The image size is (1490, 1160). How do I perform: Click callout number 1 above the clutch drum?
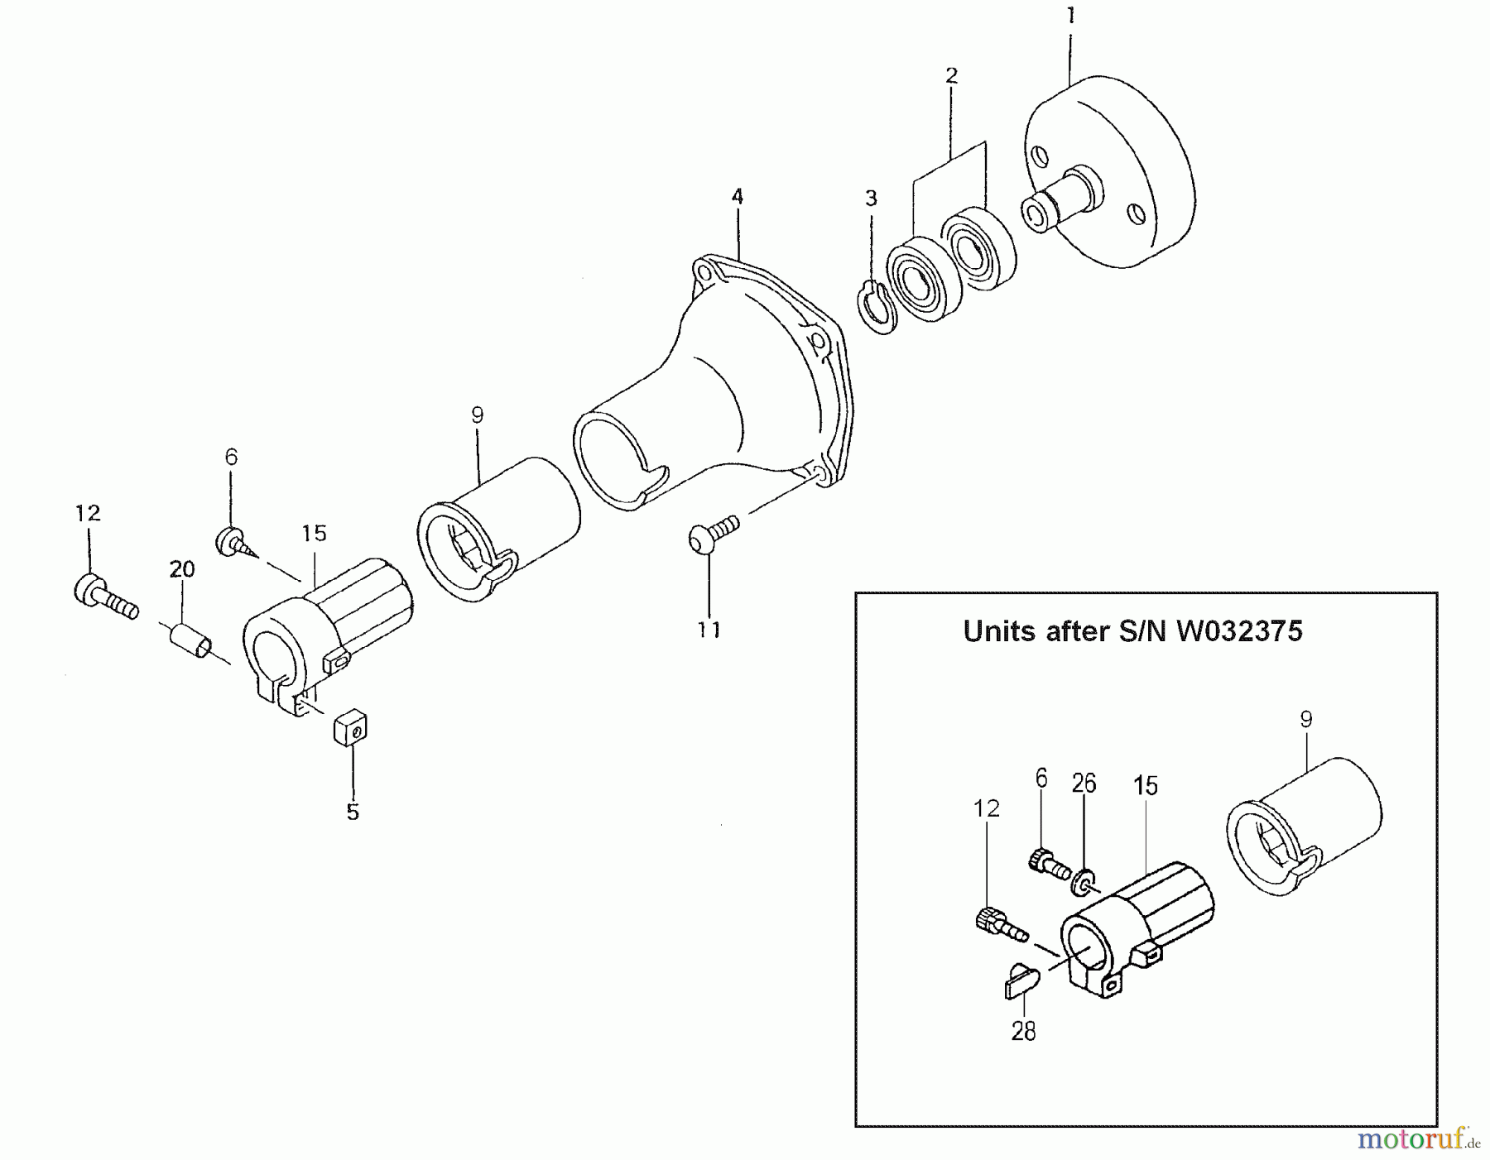click(x=1070, y=16)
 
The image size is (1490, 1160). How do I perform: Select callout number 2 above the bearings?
click(x=951, y=76)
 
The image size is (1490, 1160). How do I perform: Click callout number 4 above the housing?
click(x=737, y=197)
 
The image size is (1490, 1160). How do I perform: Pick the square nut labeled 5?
click(x=351, y=728)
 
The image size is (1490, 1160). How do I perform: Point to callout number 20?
click(x=182, y=569)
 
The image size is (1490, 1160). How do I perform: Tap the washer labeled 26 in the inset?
click(x=1083, y=882)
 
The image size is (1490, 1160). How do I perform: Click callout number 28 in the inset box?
click(x=1023, y=1032)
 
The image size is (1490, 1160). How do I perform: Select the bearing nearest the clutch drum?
click(x=979, y=249)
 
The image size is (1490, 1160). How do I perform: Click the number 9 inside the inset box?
click(x=1305, y=720)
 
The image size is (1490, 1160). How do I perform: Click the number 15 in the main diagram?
click(x=315, y=534)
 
